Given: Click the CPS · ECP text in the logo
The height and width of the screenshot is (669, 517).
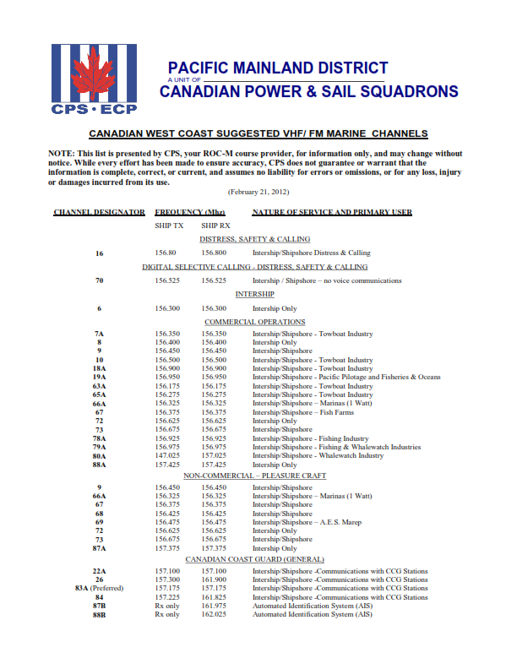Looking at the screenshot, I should (x=94, y=110).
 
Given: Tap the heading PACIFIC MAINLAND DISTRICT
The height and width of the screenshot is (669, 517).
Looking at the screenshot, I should (x=278, y=68).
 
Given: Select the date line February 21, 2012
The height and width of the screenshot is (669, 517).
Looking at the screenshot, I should (x=258, y=192).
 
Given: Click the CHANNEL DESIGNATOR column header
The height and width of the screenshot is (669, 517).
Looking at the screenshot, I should (x=99, y=212).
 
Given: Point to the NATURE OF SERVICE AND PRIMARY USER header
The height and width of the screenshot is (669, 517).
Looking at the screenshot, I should (x=332, y=212).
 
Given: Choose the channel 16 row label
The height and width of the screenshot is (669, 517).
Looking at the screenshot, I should (x=100, y=253).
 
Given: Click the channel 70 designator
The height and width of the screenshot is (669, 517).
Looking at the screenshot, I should (x=100, y=280).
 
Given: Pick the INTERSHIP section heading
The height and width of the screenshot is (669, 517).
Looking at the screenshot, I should (x=254, y=294).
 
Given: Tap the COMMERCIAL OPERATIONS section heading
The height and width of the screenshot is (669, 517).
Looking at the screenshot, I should (x=254, y=322).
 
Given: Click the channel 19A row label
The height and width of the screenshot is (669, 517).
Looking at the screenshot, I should (x=100, y=377).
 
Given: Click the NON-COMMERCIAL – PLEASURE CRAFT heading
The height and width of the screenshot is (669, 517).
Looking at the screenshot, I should (x=254, y=476).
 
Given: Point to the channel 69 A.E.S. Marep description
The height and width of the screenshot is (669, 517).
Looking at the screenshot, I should (x=307, y=522).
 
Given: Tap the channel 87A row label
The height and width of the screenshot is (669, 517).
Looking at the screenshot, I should (x=100, y=548).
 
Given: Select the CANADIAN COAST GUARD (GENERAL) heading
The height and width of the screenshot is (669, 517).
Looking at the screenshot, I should (x=254, y=560).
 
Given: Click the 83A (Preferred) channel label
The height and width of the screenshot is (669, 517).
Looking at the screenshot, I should (x=100, y=588).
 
